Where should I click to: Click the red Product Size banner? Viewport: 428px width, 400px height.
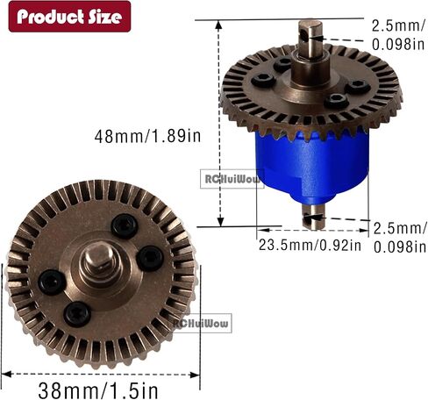tap(69, 17)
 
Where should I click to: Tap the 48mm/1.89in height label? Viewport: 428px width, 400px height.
tap(147, 136)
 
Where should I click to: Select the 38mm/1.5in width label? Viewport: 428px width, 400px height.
tap(98, 390)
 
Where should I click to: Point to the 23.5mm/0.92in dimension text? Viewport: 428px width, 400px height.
tap(310, 245)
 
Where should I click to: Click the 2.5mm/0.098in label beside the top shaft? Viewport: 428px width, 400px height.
tap(398, 35)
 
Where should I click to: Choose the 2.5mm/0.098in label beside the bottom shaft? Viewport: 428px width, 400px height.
tap(400, 238)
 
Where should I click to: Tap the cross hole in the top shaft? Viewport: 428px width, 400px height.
tap(304, 35)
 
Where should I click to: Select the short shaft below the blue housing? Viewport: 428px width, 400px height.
tap(314, 216)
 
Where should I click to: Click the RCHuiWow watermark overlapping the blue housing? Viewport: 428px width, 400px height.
tap(232, 179)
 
